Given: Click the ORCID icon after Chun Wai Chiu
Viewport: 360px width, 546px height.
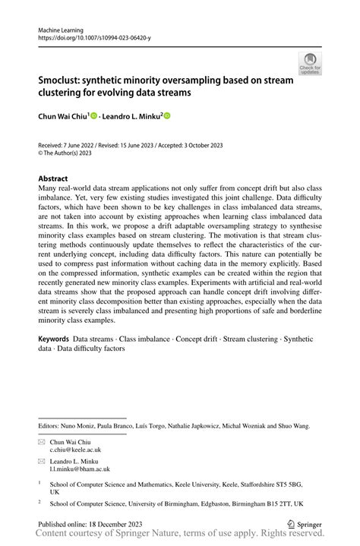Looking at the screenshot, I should [94, 116].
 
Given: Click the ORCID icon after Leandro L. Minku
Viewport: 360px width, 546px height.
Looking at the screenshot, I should [166, 116].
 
